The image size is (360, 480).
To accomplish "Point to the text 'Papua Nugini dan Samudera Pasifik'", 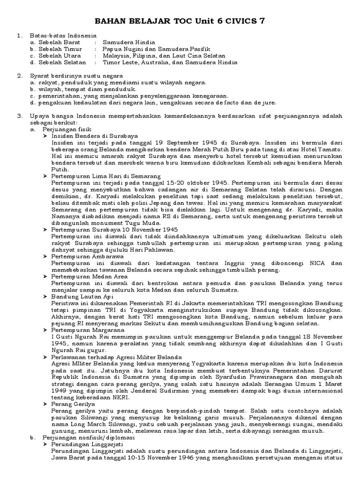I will [x=156, y=49].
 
